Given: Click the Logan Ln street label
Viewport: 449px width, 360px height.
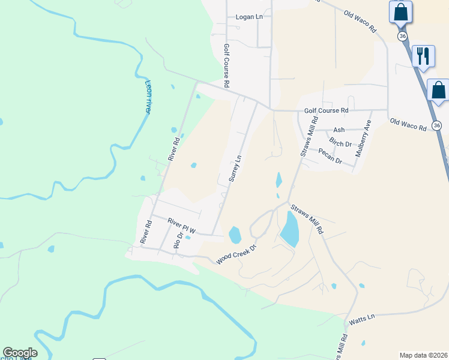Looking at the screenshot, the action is click(249, 17).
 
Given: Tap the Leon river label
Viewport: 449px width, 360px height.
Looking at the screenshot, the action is click(148, 97).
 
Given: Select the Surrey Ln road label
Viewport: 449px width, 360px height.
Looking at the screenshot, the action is click(236, 169).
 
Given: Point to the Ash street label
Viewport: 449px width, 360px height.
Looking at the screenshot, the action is click(339, 130).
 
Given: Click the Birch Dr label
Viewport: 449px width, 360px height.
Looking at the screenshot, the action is click(340, 143).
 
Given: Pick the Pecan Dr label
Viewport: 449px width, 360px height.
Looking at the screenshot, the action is click(330, 157).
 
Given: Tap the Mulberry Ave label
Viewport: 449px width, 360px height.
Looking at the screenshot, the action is click(363, 139).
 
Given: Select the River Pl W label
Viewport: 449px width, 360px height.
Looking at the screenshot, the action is click(182, 224).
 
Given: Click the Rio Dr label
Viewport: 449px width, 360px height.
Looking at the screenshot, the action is click(176, 241).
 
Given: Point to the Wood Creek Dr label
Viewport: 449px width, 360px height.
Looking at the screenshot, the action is click(236, 254).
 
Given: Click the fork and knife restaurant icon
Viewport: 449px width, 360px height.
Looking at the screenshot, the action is click(424, 56).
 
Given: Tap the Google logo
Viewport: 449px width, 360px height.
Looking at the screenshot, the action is click(20, 353).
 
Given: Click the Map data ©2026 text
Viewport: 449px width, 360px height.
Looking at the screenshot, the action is click(423, 355).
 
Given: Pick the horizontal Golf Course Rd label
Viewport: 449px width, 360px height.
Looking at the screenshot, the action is click(326, 110).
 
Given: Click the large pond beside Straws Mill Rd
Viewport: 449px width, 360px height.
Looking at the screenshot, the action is click(289, 229).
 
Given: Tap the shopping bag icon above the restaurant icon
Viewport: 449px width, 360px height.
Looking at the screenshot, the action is click(400, 11).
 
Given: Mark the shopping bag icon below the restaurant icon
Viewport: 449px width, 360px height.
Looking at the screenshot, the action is click(438, 90).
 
